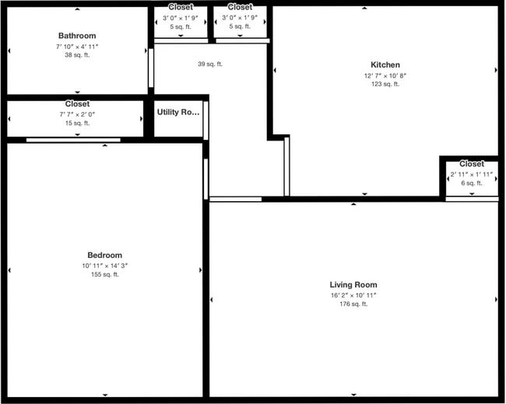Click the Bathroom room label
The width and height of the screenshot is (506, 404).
[77, 36]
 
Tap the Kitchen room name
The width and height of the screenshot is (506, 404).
[385, 65]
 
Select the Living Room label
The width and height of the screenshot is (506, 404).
[353, 285]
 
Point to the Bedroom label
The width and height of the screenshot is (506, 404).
[104, 256]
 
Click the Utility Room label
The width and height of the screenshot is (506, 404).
[178, 112]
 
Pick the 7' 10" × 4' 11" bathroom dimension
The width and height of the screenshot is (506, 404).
[77, 47]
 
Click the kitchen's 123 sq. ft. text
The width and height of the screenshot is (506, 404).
[385, 84]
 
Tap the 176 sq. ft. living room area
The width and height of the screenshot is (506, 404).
[353, 304]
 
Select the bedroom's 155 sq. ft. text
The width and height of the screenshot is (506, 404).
[104, 274]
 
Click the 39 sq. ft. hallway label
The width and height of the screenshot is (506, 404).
[210, 64]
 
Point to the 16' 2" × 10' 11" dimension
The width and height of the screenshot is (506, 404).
[353, 295]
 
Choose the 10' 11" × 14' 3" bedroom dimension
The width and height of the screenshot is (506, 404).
[104, 266]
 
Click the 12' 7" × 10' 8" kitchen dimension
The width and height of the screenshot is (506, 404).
[385, 75]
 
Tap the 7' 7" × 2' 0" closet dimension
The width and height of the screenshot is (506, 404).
[77, 114]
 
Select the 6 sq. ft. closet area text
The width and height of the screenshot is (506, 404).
[471, 183]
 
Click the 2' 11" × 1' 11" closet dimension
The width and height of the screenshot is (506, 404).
[471, 175]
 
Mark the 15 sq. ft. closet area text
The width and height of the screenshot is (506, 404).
[77, 123]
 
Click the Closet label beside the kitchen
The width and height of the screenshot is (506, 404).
[471, 164]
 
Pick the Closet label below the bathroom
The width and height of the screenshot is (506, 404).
[77, 104]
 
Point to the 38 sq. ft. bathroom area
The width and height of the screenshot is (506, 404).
[77, 55]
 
